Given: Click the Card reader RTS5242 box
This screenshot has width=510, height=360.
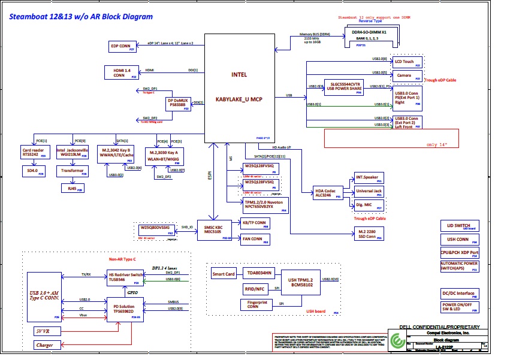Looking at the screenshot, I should pyautogui.click(x=34, y=152).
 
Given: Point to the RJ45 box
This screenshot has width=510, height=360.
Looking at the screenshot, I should pyautogui.click(x=73, y=187).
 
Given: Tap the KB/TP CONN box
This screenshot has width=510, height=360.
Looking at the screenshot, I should pyautogui.click(x=255, y=223).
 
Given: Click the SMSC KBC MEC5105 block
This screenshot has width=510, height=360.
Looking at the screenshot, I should pyautogui.click(x=215, y=231).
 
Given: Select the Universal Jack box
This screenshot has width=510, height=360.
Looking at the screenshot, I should pyautogui.click(x=369, y=192).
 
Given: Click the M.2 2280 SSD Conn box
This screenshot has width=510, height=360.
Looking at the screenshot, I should pyautogui.click(x=368, y=234).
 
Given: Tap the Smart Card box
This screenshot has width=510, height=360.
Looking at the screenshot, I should pyautogui.click(x=224, y=274).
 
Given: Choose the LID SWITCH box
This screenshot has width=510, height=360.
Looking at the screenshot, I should pyautogui.click(x=458, y=226).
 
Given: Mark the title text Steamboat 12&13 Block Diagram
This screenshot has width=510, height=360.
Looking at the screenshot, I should pyautogui.click(x=80, y=17).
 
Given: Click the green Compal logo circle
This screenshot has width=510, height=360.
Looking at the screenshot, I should pyautogui.click(x=396, y=340).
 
